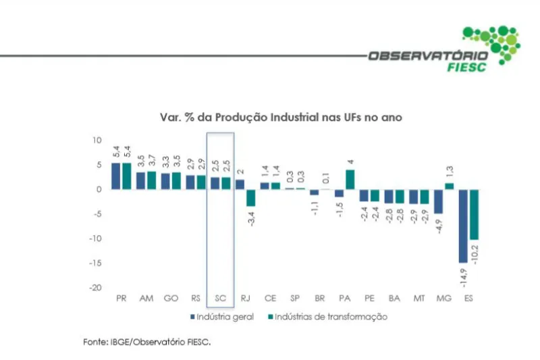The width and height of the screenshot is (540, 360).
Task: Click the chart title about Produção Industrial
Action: [x=281, y=117]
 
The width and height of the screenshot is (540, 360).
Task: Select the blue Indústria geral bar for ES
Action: [x=463, y=226]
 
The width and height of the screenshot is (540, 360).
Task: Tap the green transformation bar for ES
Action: [x=475, y=214]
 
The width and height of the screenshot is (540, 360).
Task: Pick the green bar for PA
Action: [x=350, y=180]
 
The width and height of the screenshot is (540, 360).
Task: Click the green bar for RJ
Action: [x=251, y=197]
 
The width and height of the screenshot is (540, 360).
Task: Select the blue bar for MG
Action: [x=438, y=201]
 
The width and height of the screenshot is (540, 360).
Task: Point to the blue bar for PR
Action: [x=116, y=176]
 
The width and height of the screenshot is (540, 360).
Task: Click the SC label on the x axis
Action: [x=221, y=298]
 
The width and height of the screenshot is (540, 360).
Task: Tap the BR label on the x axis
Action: [x=319, y=298]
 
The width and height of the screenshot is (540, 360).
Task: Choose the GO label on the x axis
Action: [x=171, y=298]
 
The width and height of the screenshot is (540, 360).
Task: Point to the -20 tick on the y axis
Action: [x=97, y=287]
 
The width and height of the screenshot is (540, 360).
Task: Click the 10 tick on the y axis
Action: [x=97, y=140]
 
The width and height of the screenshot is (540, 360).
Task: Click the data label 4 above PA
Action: [x=350, y=162]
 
